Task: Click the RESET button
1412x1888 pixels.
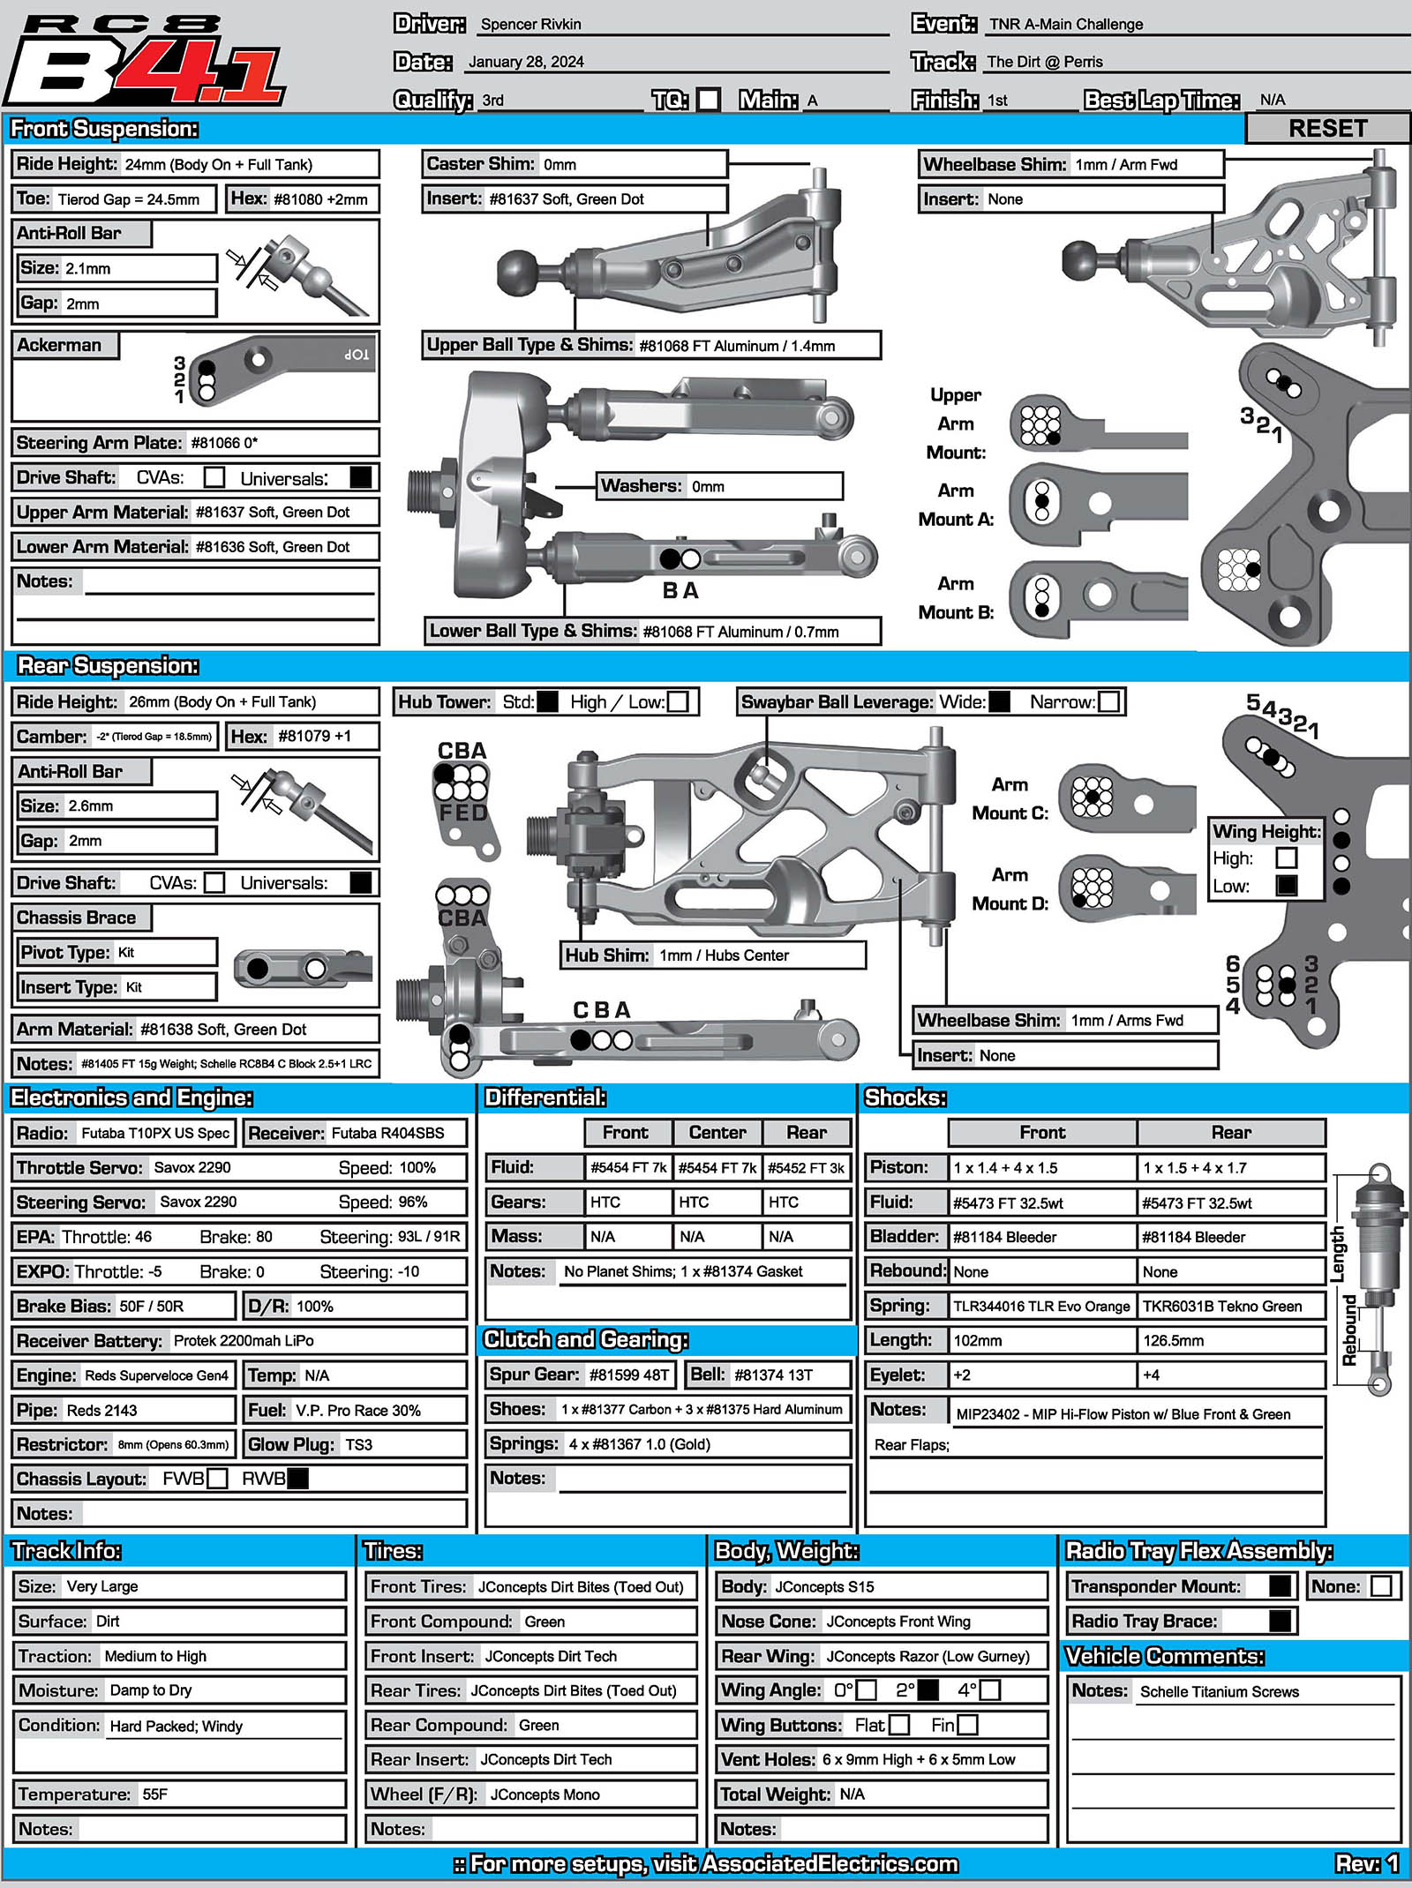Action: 1328,128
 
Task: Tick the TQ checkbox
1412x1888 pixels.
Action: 708,100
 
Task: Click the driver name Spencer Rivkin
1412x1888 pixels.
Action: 530,24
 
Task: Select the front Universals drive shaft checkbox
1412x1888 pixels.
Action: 360,477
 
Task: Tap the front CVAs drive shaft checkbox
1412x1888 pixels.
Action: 214,477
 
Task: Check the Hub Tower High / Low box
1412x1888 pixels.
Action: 678,702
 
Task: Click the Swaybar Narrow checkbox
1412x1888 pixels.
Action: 1109,702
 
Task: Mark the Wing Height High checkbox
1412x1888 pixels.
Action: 1287,858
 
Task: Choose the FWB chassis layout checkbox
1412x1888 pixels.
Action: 217,1479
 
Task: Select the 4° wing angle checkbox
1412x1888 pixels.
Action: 990,1690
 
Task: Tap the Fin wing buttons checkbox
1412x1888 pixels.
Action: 967,1725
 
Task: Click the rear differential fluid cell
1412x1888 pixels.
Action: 807,1167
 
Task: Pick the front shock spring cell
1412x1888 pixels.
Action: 1042,1306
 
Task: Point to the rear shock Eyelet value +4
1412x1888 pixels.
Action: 1152,1375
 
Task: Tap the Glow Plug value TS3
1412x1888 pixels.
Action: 359,1444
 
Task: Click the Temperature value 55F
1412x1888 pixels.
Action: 154,1794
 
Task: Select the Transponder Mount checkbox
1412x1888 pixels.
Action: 1281,1586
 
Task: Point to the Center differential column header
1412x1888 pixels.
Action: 717,1132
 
